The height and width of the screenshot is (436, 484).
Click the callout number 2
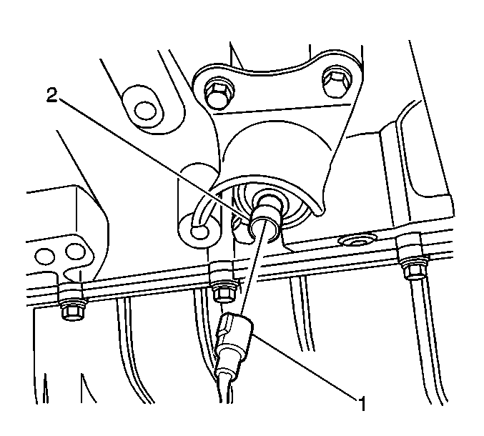tap(51, 95)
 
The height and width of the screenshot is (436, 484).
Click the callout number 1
tap(362, 403)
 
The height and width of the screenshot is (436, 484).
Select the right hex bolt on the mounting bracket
tap(337, 81)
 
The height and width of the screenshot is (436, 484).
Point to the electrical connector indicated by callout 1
tap(234, 343)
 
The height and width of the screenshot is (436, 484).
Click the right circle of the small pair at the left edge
tap(75, 252)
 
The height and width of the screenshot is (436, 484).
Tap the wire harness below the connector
tap(224, 389)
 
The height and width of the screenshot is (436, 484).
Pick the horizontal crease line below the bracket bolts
tap(282, 109)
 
